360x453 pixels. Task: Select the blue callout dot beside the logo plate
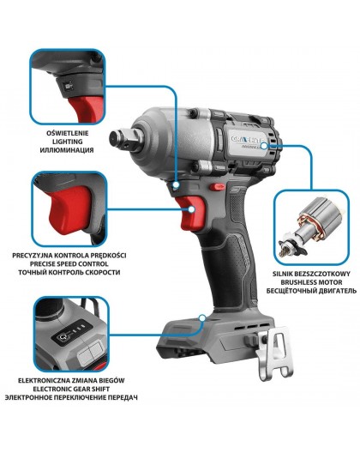point(274,146)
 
